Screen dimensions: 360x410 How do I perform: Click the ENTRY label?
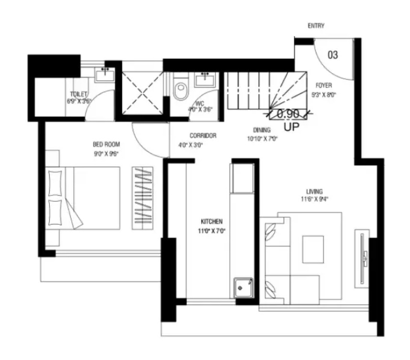click(316, 26)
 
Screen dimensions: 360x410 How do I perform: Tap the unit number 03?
click(333, 55)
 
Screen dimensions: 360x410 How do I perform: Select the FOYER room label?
click(324, 86)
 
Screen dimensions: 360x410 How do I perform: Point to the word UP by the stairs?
click(291, 127)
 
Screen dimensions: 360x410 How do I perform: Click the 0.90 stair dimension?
click(287, 114)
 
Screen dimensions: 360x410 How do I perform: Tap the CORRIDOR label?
click(203, 136)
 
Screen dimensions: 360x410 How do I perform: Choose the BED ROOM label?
click(106, 144)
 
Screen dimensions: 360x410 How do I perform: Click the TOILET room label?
click(78, 94)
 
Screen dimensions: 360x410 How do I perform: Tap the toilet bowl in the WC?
click(180, 90)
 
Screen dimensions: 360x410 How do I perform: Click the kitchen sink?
click(243, 288)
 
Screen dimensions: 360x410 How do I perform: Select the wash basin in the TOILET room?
click(104, 76)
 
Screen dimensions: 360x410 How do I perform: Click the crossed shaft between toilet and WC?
click(143, 93)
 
